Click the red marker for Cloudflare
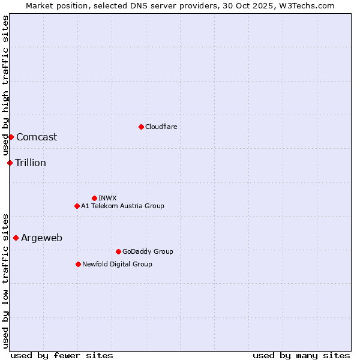coord(141,127)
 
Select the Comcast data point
coord(11,137)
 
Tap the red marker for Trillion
coord(10,163)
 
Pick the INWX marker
coord(94,198)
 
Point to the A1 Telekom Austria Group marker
coord(77,206)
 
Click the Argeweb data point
coord(16,238)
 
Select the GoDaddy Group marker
coord(118,251)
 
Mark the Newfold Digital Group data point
coord(78,264)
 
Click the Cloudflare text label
coord(161,127)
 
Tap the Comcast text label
coord(37,137)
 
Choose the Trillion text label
coord(31,163)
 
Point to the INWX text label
coord(108,198)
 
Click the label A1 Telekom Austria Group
coord(122,206)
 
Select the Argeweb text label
coord(41,238)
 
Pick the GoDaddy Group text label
coord(148,251)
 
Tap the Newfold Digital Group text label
coord(117,264)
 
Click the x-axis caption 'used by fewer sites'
coord(62,355)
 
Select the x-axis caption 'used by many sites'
coord(301,355)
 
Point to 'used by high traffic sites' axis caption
coord(5,86)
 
